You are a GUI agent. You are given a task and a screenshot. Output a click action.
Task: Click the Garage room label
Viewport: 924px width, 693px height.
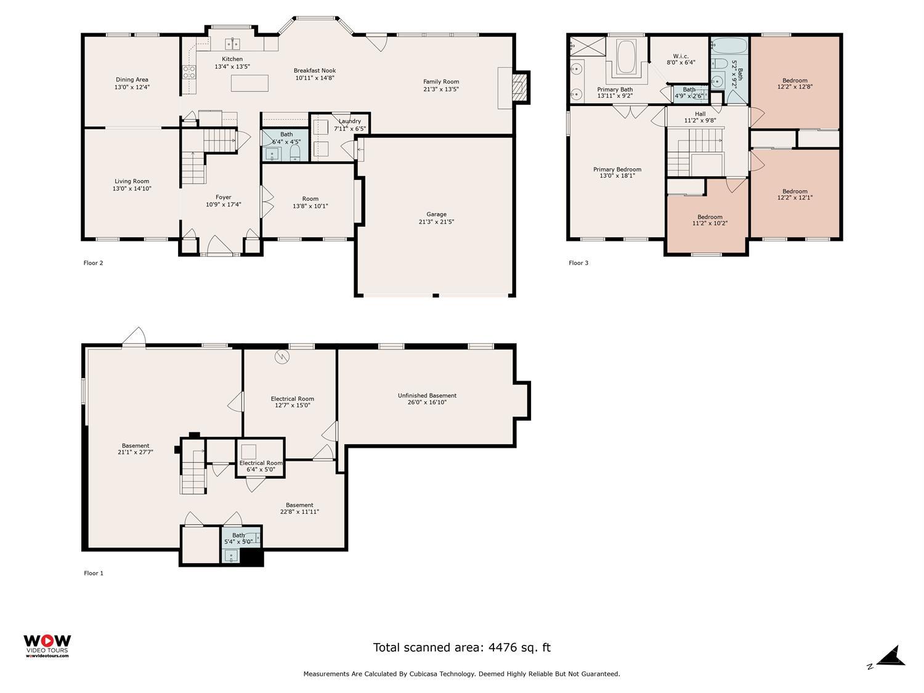click(436, 214)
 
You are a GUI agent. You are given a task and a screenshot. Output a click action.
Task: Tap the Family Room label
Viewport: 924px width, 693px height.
click(440, 82)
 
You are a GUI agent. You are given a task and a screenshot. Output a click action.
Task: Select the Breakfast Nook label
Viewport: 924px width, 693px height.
click(314, 71)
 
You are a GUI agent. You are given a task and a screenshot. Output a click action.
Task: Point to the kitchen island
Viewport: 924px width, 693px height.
click(249, 83)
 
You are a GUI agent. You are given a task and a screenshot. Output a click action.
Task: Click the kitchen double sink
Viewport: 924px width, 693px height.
click(232, 44)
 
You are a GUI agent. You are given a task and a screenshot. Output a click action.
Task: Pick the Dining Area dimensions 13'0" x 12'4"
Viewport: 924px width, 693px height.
click(132, 87)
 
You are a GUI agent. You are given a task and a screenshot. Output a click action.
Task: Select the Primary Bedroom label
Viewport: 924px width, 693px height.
click(617, 169)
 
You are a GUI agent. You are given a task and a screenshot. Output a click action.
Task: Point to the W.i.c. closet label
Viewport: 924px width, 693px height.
click(680, 56)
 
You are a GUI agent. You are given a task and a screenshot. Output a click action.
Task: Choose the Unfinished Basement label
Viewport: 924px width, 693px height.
click(427, 395)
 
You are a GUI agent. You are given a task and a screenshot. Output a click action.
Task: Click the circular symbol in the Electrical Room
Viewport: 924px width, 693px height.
click(281, 357)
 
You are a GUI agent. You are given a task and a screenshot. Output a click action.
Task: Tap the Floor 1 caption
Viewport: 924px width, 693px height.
click(94, 573)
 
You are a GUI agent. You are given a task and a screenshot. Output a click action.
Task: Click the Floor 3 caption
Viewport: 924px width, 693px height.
click(578, 263)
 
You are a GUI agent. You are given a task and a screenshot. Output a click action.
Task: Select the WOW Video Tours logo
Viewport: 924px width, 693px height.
click(47, 646)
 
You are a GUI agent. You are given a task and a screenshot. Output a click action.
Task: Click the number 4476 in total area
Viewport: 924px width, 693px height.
click(502, 647)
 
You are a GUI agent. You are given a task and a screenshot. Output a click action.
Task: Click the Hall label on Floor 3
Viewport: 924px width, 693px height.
click(700, 113)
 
